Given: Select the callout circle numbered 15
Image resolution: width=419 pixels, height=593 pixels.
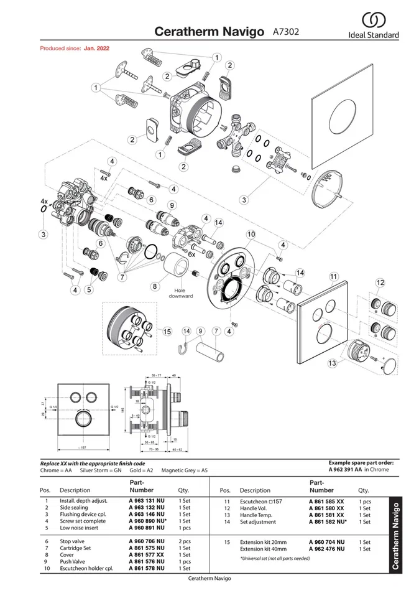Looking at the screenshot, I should [167, 332].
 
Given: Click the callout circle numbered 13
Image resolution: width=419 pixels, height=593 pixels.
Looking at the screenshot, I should [332, 363].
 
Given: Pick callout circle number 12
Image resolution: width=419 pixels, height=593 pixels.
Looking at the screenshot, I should [380, 282].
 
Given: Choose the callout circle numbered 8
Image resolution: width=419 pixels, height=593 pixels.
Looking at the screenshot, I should [155, 286].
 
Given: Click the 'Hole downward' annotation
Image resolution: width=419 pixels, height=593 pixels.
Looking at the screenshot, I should [180, 292].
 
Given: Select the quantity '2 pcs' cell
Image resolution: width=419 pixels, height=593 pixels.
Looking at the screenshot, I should [185, 542].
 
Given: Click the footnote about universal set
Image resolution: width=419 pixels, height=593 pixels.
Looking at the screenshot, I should [274, 559].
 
